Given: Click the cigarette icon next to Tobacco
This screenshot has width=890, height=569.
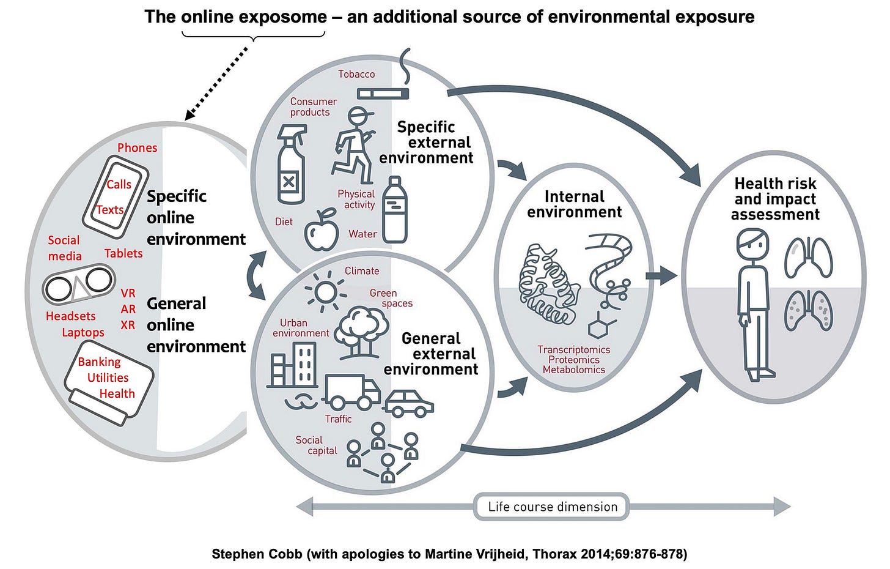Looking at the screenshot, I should click(x=383, y=93).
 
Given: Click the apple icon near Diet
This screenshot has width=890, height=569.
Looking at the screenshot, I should click(x=322, y=231).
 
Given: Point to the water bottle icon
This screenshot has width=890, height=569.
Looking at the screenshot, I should click(x=395, y=210).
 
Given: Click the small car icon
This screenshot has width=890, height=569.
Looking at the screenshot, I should click(x=408, y=403).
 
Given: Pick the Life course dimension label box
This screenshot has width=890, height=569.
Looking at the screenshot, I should click(x=552, y=507).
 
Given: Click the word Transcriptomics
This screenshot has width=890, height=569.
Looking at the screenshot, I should click(x=573, y=349).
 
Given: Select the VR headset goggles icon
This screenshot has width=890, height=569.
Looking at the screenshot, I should click(x=79, y=283).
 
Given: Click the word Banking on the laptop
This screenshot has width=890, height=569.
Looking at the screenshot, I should click(x=99, y=362).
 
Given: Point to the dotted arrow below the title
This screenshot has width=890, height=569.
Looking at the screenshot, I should click(x=218, y=81).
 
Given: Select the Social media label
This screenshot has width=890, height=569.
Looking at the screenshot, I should click(x=64, y=248).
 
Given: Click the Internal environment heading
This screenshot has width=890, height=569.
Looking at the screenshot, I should click(x=574, y=204).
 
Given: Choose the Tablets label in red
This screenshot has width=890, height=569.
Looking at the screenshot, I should click(x=123, y=253).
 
